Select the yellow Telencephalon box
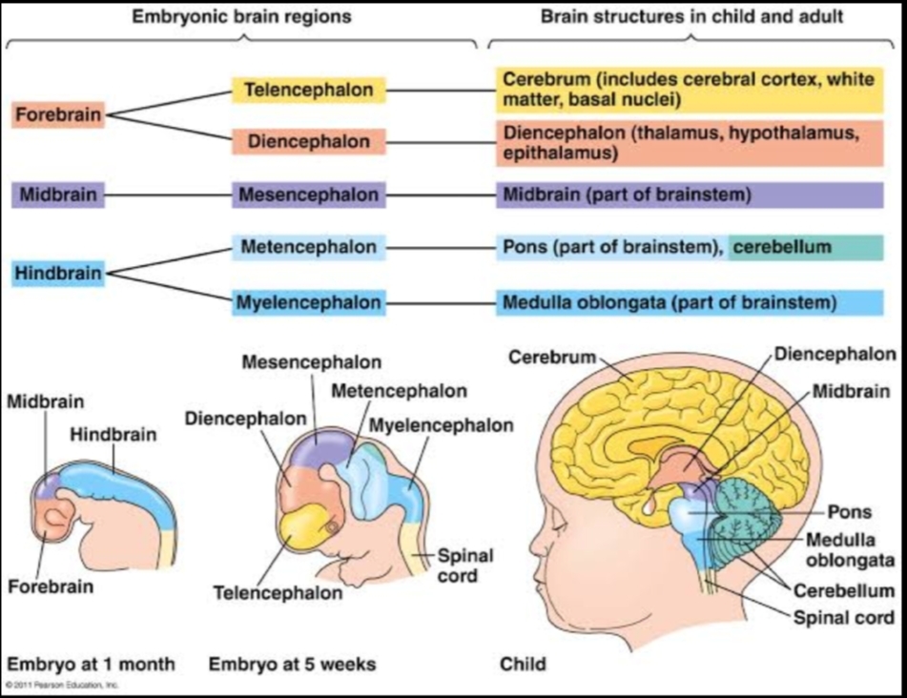[x=309, y=91]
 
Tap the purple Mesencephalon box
[x=309, y=195]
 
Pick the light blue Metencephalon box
[x=309, y=248]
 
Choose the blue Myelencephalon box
[x=309, y=303]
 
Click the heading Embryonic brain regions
[x=241, y=17]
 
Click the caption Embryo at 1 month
[x=92, y=663]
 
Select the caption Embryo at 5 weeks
[x=292, y=663]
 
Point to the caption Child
[x=524, y=663]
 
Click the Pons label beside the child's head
[x=850, y=512]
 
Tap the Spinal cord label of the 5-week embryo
[x=458, y=565]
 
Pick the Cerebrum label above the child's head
[x=551, y=358]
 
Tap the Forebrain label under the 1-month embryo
[x=51, y=585]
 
